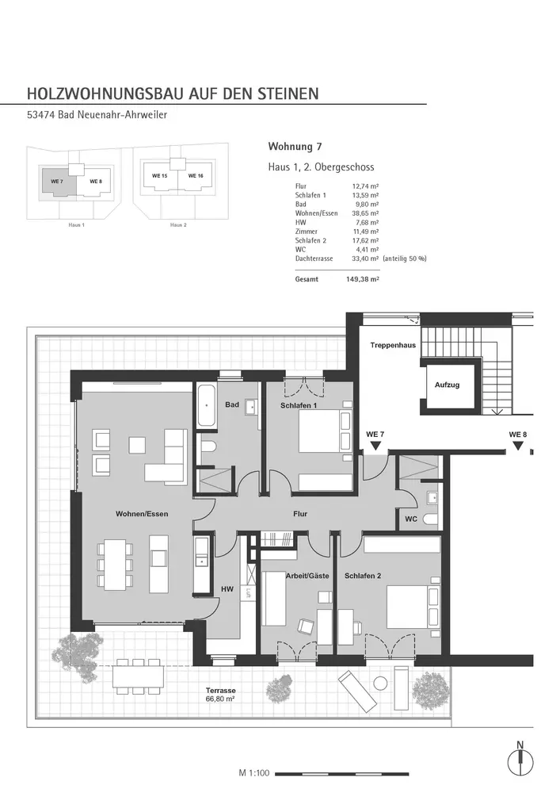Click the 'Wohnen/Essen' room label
point(141,514)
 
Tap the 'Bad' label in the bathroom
point(231,405)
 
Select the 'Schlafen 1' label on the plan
point(299,406)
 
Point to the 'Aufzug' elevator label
point(448,385)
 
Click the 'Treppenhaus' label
point(394,347)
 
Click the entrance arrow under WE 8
point(517,446)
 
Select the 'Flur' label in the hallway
point(299,514)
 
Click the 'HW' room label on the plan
point(227,588)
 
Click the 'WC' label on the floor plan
point(411,519)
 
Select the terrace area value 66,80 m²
point(221,700)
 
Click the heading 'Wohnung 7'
point(295,147)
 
